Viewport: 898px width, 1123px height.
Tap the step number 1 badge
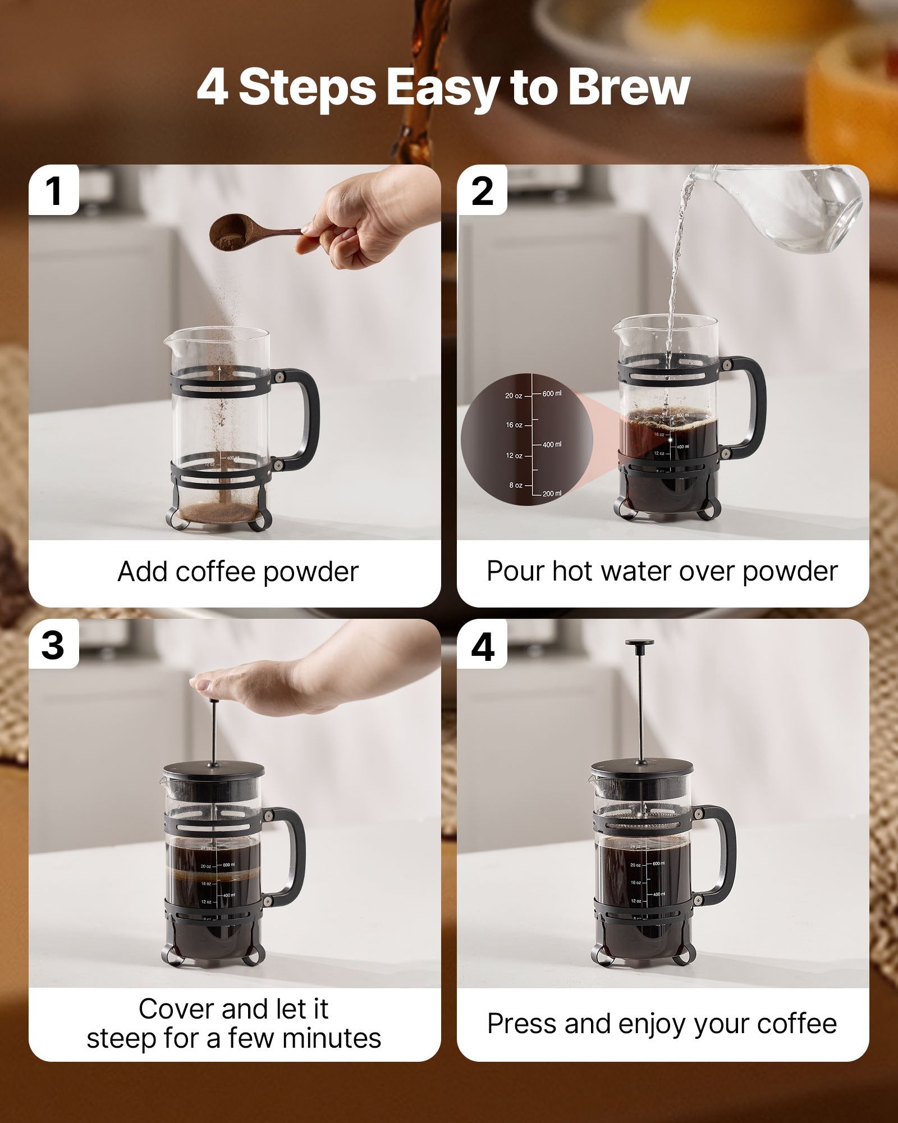pos(54,191)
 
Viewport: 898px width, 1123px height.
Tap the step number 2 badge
pos(483,191)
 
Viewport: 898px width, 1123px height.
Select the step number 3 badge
pos(53,645)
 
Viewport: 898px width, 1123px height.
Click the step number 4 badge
pos(483,646)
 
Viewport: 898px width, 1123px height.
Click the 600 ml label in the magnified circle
pos(551,394)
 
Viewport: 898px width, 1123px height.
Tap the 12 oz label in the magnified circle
pos(514,455)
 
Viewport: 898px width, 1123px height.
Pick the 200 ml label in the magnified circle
pos(551,494)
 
